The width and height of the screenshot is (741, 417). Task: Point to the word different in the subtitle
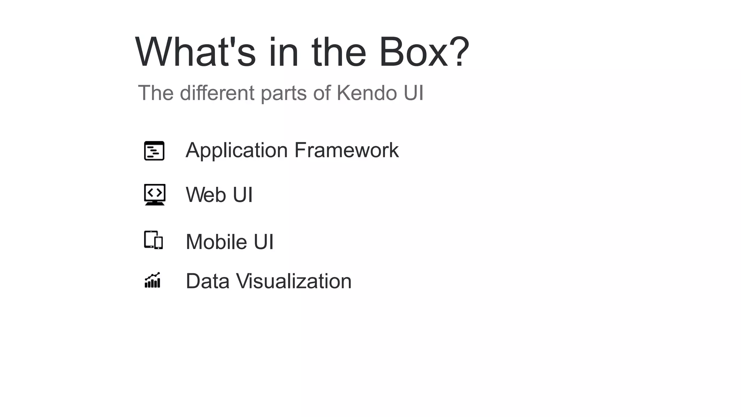click(x=217, y=93)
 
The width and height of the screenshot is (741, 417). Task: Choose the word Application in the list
click(x=237, y=150)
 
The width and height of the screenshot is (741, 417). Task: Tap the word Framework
click(x=346, y=150)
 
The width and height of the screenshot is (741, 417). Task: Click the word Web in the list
click(x=206, y=195)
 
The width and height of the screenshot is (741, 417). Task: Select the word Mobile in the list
click(x=216, y=241)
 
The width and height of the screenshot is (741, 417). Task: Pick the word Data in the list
click(x=207, y=281)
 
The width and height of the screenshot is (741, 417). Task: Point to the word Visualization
click(x=293, y=281)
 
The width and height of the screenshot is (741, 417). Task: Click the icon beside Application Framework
click(x=154, y=151)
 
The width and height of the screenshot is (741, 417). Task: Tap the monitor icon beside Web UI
click(x=154, y=194)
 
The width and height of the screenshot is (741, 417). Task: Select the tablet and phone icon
click(x=153, y=240)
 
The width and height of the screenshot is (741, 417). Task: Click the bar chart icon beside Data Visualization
click(x=152, y=280)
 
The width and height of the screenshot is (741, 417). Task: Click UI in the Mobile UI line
click(x=263, y=241)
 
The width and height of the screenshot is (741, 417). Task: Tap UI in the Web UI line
click(x=242, y=195)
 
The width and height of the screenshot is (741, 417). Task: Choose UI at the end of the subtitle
click(x=413, y=93)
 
